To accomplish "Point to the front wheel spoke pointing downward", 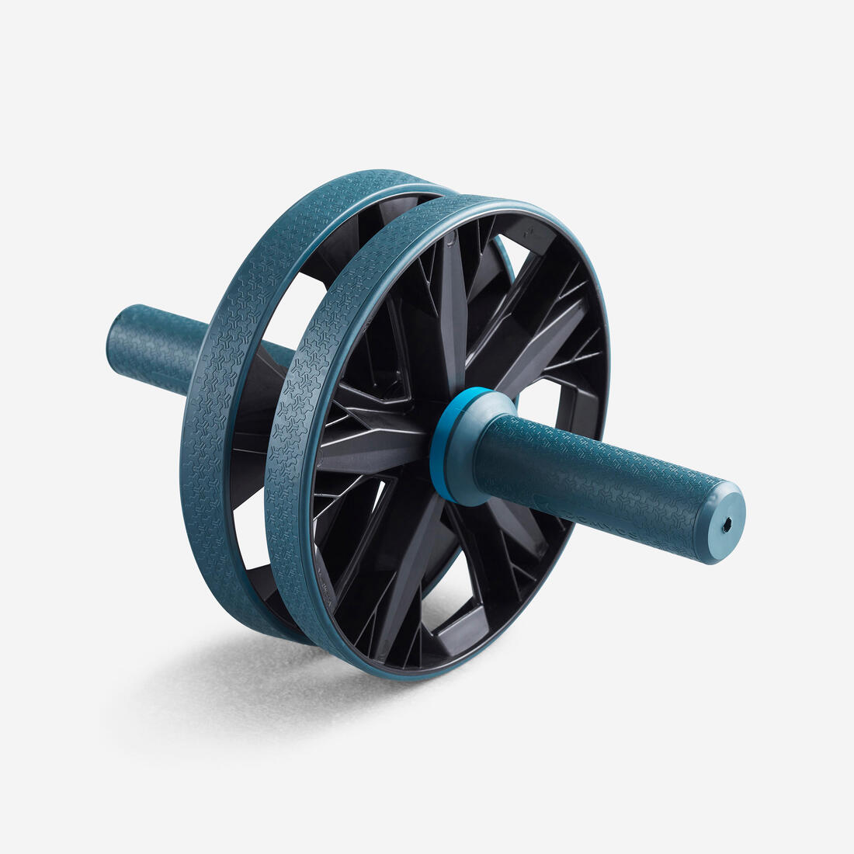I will coord(411,575).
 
